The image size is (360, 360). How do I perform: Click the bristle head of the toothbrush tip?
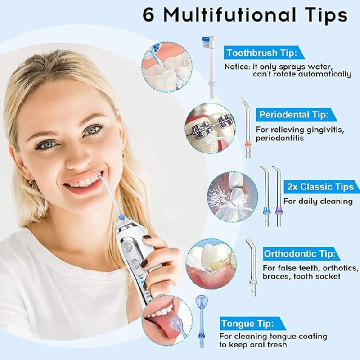(207, 42)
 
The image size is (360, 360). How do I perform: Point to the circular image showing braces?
(210, 128)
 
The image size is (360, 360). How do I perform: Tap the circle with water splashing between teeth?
(232, 197)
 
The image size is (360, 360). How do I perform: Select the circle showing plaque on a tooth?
(211, 264)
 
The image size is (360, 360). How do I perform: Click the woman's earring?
(31, 184)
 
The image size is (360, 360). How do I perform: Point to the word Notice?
(237, 67)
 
